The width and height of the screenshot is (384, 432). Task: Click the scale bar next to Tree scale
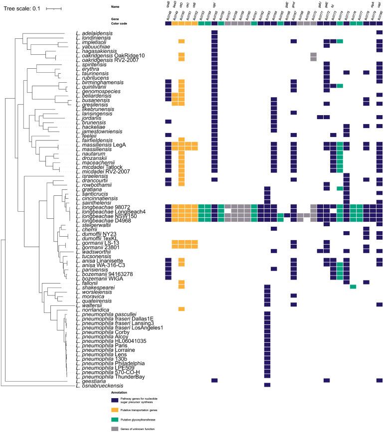(x=54, y=8)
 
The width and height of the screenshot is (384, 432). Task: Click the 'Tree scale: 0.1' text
(x=24, y=8)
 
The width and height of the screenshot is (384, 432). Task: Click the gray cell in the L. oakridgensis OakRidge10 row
(x=313, y=55)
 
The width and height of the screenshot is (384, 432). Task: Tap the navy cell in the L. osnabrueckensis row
(x=267, y=385)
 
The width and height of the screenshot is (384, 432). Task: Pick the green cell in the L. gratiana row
(x=340, y=189)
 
